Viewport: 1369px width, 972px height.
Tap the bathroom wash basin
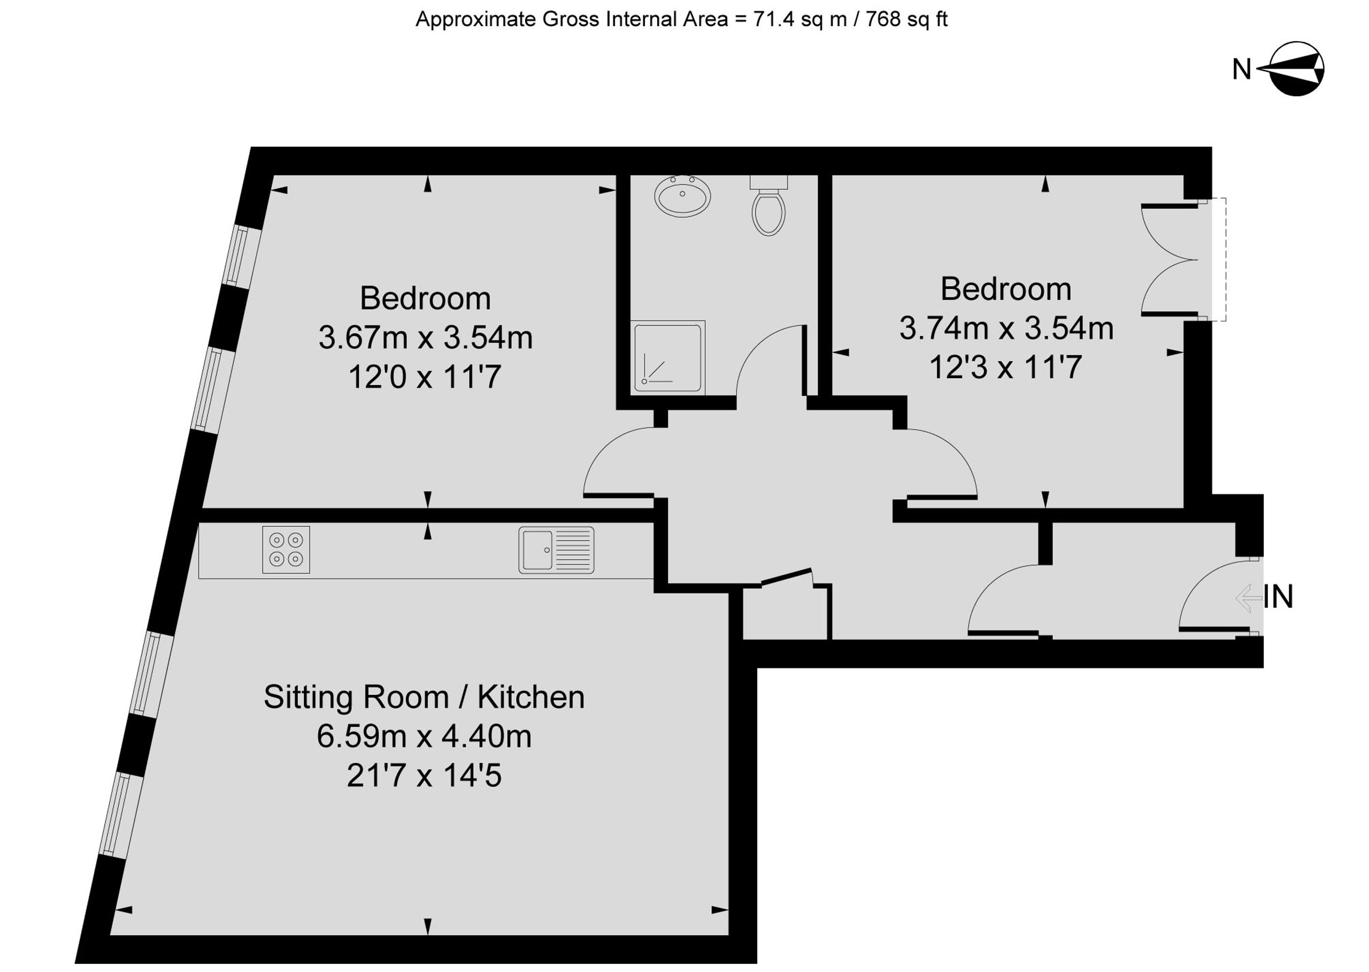[682, 195]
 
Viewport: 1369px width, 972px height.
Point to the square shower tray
[668, 358]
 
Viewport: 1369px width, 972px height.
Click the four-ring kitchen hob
[286, 549]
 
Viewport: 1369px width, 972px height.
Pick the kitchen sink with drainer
[557, 549]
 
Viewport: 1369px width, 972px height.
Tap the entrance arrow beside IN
[1249, 598]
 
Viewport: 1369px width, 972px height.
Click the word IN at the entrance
[1278, 596]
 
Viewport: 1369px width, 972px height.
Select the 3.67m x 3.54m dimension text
[426, 338]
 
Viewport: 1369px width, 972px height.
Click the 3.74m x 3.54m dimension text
[1006, 328]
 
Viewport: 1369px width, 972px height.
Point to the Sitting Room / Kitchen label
[424, 697]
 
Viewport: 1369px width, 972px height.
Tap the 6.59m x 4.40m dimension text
[424, 736]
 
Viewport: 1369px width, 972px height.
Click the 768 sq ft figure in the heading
[906, 19]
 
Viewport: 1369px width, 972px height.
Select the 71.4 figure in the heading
[774, 19]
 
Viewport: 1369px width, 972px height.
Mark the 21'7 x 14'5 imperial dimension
[424, 776]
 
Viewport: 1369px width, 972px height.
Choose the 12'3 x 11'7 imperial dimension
[1006, 367]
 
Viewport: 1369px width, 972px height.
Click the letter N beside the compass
[1242, 70]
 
